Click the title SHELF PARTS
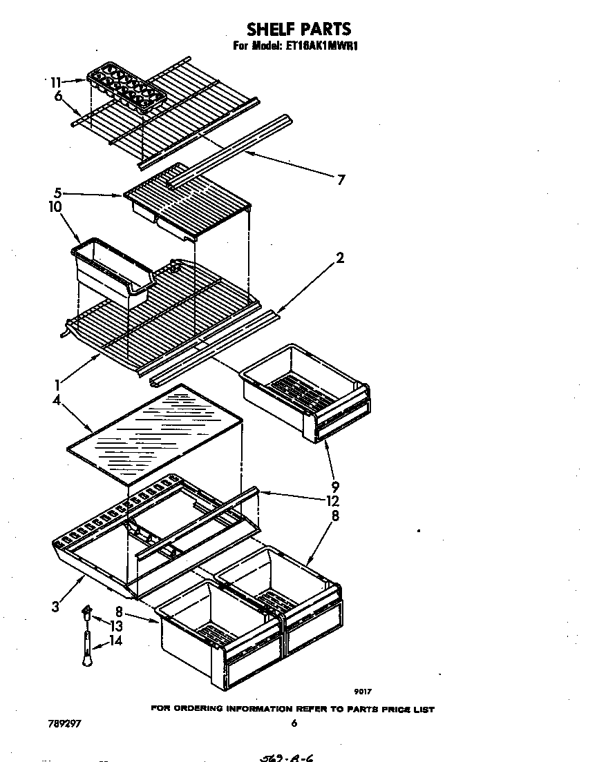(298, 28)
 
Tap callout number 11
(57, 81)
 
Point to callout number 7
(340, 180)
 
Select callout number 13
(116, 625)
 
